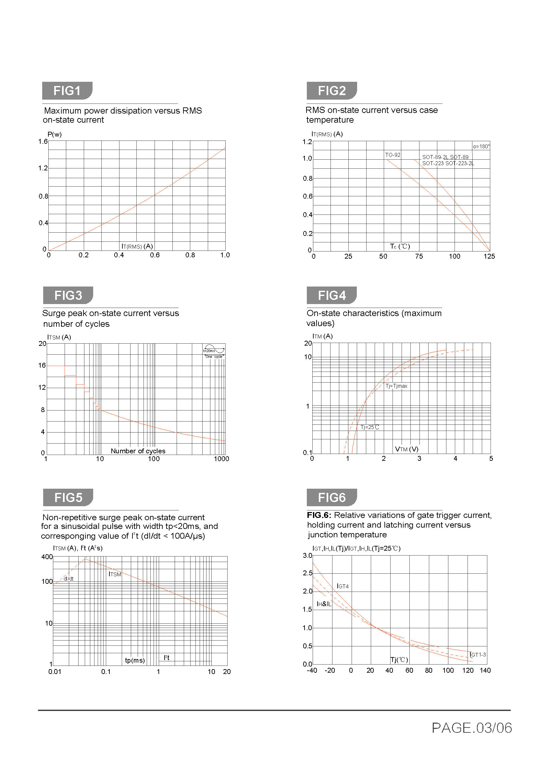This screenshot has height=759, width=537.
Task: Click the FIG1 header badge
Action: [x=67, y=91]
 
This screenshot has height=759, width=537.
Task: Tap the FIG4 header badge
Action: [x=332, y=295]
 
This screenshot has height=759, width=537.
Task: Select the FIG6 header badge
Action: [x=332, y=497]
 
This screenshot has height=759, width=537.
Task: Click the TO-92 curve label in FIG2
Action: [x=393, y=155]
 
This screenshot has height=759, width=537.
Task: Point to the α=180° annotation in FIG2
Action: [x=481, y=146]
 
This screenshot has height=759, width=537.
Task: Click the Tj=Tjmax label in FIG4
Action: [x=396, y=386]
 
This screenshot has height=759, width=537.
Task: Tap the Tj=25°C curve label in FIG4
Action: [x=370, y=427]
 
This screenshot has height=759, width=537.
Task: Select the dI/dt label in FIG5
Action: [x=69, y=579]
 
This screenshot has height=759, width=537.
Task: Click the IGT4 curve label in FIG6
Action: [x=343, y=586]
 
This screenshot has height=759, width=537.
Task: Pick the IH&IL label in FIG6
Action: [x=324, y=604]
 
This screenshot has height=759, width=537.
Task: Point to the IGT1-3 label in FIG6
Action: [x=478, y=655]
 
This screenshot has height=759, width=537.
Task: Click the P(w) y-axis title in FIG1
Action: [x=55, y=134]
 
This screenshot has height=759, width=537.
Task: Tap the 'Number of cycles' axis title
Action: [x=138, y=451]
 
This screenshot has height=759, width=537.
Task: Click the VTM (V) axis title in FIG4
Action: [x=407, y=449]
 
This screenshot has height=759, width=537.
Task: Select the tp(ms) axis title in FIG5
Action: [x=135, y=660]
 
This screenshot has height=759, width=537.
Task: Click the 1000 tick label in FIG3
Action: [x=221, y=459]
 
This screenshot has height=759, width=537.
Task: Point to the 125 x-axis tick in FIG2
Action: [x=489, y=257]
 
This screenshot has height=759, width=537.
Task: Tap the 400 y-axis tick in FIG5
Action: [x=47, y=557]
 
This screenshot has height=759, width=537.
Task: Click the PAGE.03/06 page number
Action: [x=471, y=728]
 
